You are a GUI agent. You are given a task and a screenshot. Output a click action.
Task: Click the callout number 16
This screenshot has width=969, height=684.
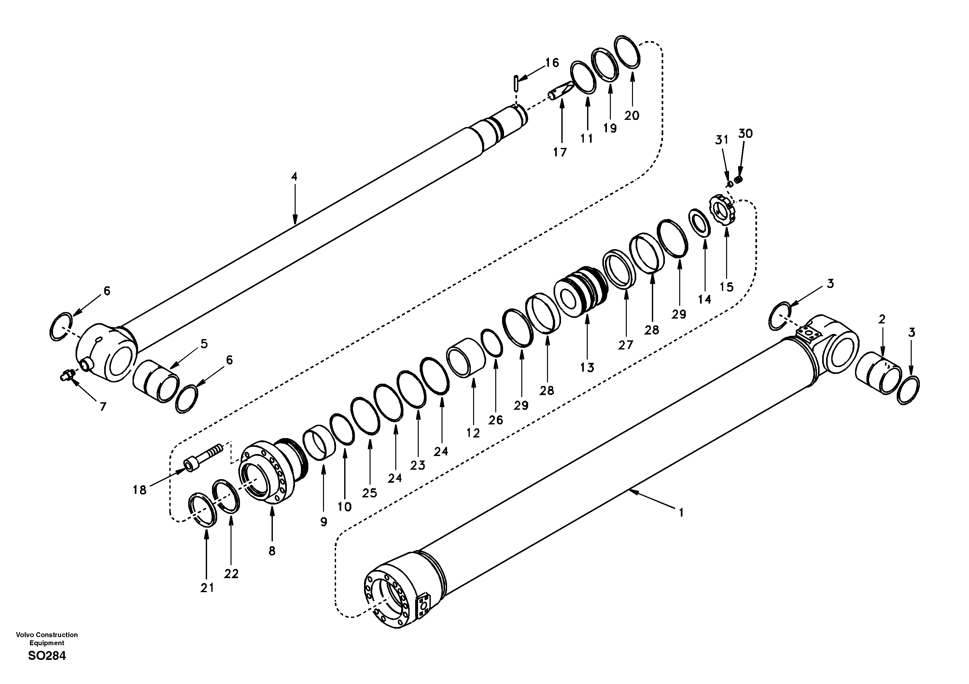[x=552, y=63]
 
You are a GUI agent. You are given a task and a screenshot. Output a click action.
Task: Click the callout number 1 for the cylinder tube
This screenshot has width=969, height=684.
[x=681, y=513]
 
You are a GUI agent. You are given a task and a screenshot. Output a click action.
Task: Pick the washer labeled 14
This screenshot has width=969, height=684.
[x=700, y=222]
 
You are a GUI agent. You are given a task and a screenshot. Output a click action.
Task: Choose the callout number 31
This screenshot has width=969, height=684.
[x=722, y=139]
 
